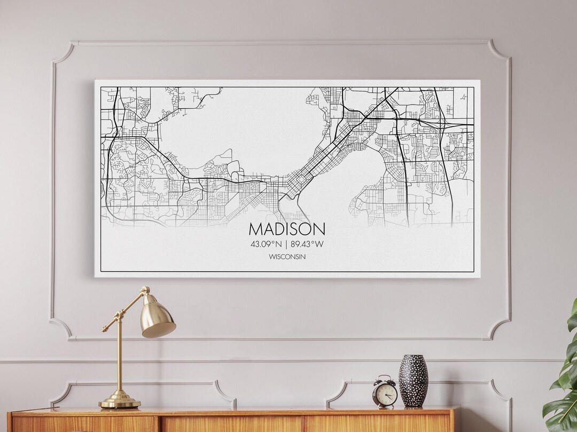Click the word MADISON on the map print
286,229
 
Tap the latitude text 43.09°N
266,244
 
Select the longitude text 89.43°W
307,244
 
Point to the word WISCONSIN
287,257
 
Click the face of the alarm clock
386,395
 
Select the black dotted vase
413,381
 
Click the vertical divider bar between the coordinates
286,244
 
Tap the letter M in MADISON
255,229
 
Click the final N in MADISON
318,229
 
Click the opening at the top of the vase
413,356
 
